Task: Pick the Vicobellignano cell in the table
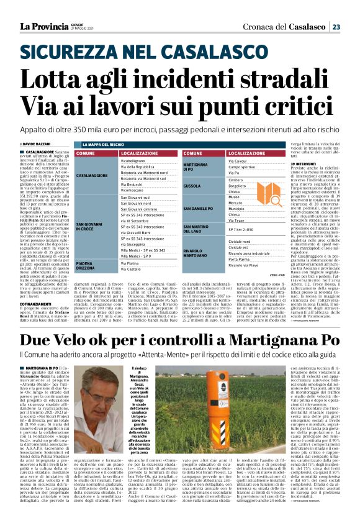[x=137, y=160]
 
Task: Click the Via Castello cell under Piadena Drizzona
[x=134, y=270]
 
